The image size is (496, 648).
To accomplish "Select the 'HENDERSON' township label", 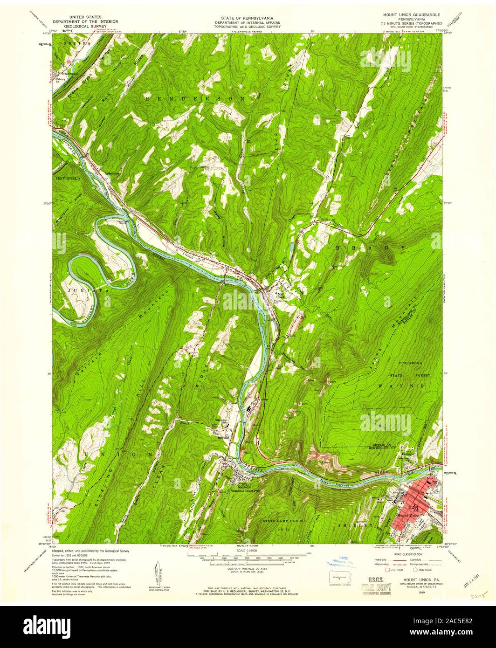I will click(194, 99).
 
